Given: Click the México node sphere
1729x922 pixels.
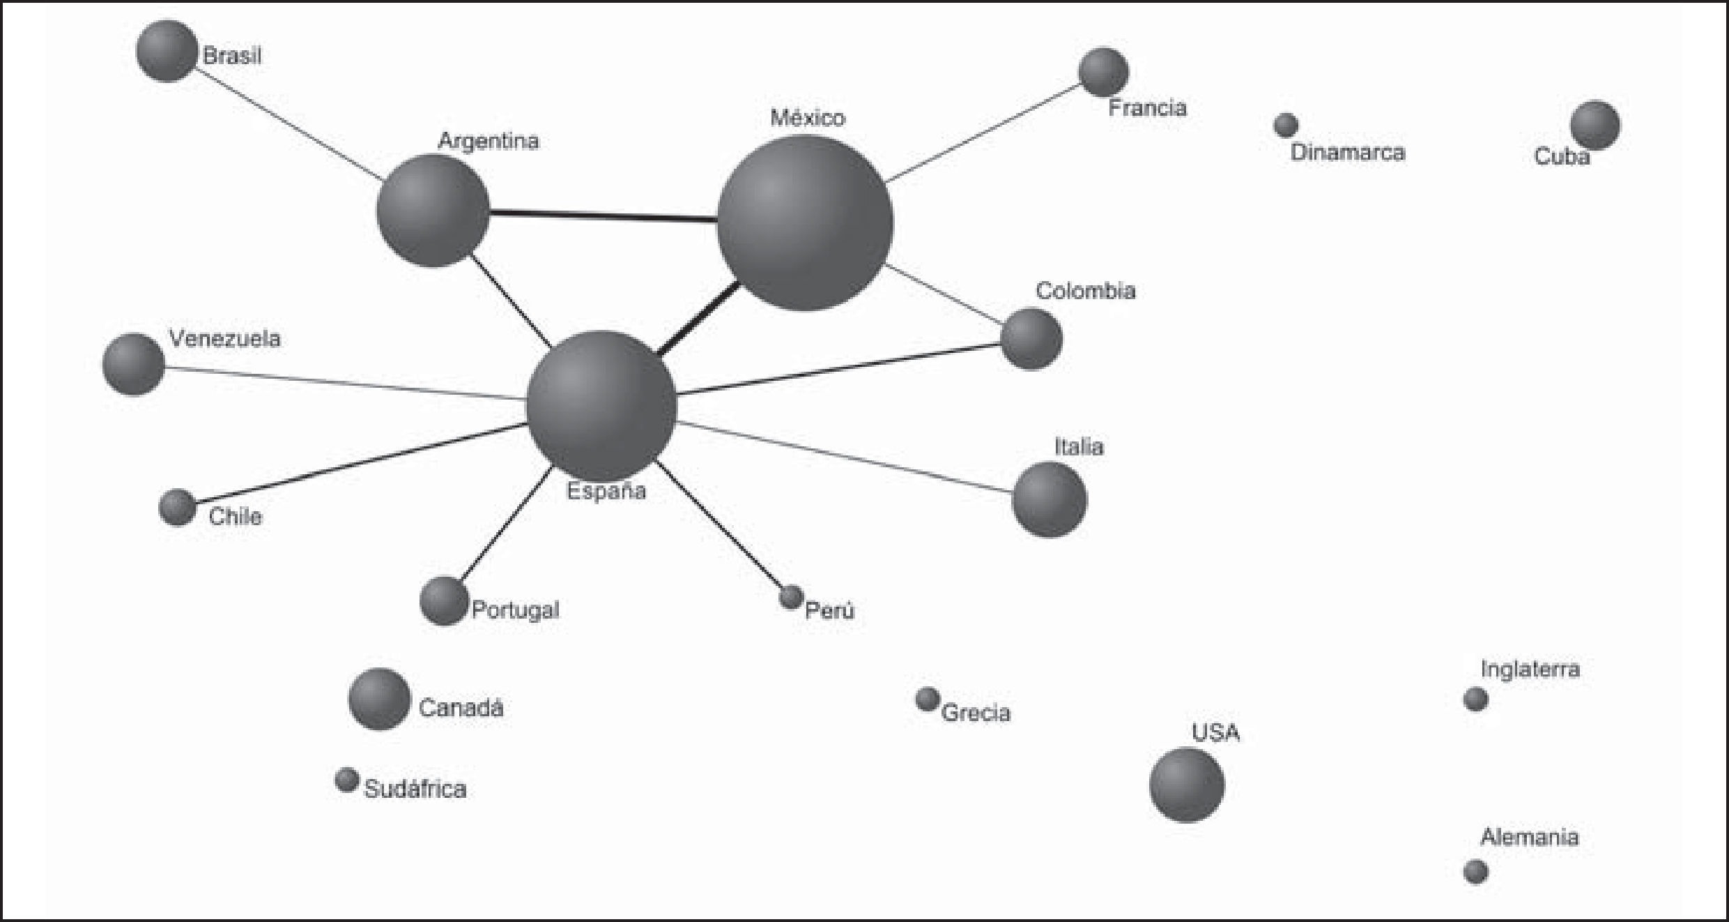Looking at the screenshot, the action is click(x=805, y=223).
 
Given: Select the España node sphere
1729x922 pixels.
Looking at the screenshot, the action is click(x=601, y=406).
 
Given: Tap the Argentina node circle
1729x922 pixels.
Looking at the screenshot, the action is click(x=433, y=211).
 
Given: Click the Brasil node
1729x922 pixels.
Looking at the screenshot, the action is click(x=167, y=51).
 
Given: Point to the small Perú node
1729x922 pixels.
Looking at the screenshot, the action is click(x=791, y=597).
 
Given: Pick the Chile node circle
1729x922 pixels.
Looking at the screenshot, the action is click(x=178, y=507).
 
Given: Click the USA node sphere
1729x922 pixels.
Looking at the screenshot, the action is click(x=1186, y=785).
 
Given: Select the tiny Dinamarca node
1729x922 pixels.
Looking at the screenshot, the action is click(x=1286, y=126).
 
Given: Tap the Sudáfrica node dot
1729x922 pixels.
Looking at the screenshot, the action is click(x=346, y=780).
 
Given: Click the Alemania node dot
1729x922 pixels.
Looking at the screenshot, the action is click(x=1475, y=871).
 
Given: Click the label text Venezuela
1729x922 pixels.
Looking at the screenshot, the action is click(x=224, y=339).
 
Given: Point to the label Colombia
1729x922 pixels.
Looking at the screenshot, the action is click(x=1085, y=291).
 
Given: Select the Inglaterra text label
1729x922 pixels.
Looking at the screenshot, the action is click(x=1530, y=670).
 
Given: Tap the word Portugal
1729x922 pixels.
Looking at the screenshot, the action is click(x=515, y=610).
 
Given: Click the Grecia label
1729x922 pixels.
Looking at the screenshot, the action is click(x=976, y=713).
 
